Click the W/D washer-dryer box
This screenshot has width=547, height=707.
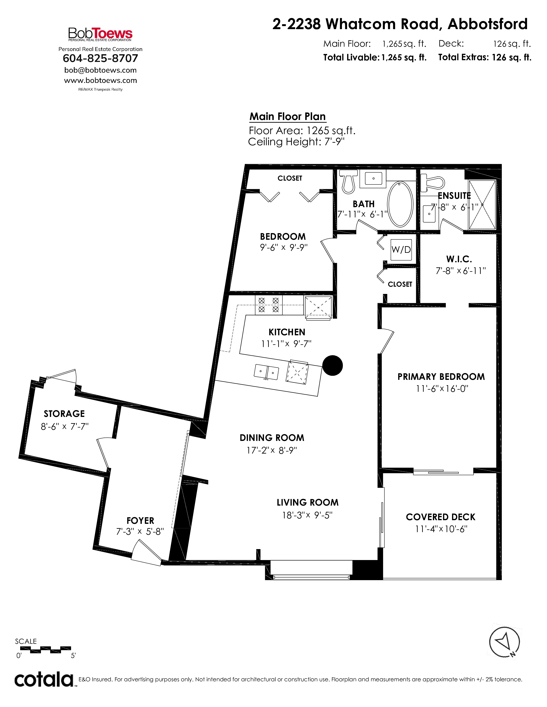click(401, 250)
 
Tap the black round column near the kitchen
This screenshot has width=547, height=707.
click(332, 365)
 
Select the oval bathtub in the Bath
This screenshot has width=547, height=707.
click(400, 204)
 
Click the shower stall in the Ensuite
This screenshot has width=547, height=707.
click(482, 205)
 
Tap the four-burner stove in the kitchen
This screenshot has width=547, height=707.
click(269, 305)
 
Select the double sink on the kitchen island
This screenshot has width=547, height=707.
click(266, 372)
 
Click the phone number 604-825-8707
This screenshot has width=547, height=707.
click(100, 58)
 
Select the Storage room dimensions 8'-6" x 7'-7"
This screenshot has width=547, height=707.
click(65, 426)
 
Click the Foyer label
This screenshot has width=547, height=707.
click(140, 521)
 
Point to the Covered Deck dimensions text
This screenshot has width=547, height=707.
click(441, 529)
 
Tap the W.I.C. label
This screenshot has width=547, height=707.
click(459, 259)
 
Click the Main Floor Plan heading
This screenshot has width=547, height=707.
click(287, 117)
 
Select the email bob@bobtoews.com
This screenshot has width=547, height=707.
click(100, 70)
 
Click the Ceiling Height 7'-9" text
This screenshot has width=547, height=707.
click(296, 142)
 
